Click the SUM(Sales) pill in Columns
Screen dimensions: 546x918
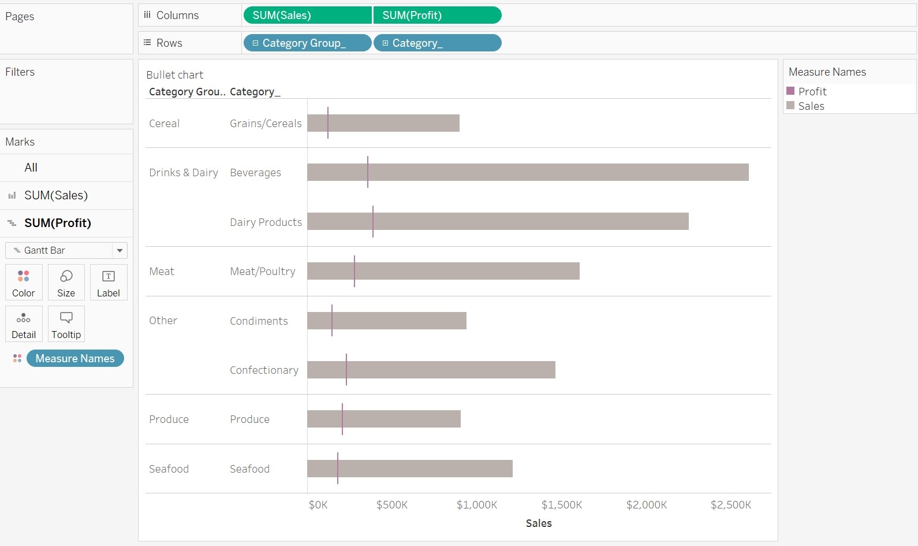pyautogui.click(x=307, y=16)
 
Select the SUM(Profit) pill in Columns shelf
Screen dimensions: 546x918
pyautogui.click(x=437, y=16)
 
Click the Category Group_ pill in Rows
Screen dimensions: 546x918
pyautogui.click(x=307, y=43)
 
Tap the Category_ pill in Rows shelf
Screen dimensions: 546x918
pyautogui.click(x=437, y=43)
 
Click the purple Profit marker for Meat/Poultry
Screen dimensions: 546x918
pyautogui.click(x=354, y=271)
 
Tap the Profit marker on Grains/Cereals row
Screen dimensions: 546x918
pyautogui.click(x=328, y=122)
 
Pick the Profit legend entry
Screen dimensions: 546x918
pyautogui.click(x=812, y=91)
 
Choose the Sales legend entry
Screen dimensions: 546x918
pyautogui.click(x=811, y=106)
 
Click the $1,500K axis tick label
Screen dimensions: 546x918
pyautogui.click(x=561, y=505)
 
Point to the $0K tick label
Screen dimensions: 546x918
pyautogui.click(x=318, y=505)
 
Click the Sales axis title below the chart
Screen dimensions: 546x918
pyautogui.click(x=539, y=523)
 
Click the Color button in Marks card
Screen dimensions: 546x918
pyautogui.click(x=24, y=283)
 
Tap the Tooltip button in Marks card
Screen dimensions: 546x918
pyautogui.click(x=66, y=324)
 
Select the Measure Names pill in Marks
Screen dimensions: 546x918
pyautogui.click(x=75, y=358)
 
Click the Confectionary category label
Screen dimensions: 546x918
pyautogui.click(x=264, y=370)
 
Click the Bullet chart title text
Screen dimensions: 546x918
pyautogui.click(x=175, y=75)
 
